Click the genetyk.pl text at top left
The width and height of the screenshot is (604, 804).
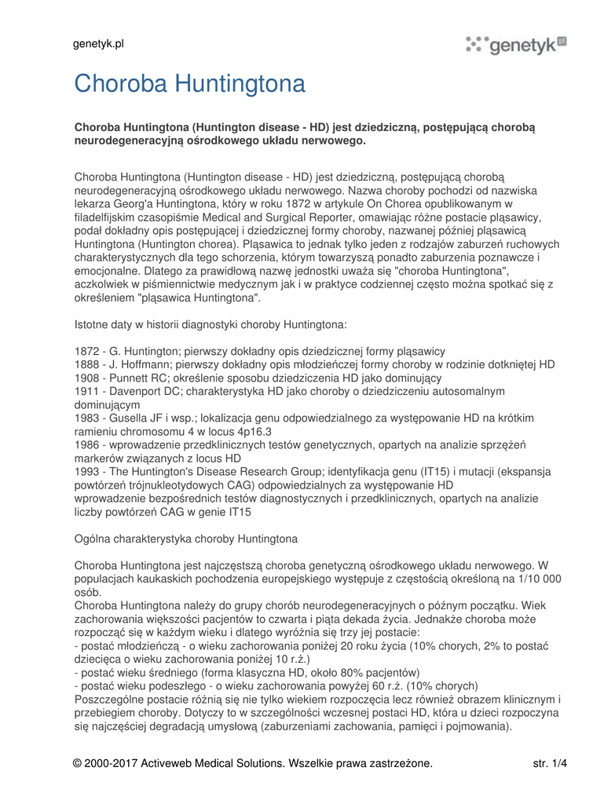pos(98,44)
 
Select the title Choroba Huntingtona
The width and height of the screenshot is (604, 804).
pos(189,84)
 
